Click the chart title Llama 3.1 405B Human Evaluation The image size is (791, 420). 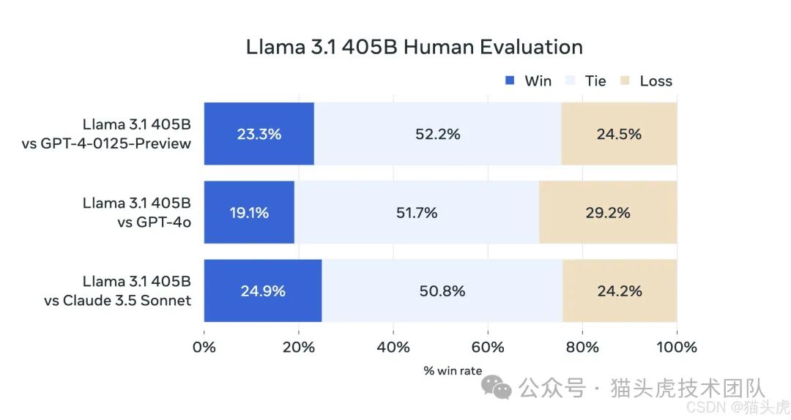pyautogui.click(x=415, y=48)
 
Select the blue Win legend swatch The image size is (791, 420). pyautogui.click(x=510, y=80)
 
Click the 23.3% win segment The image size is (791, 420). pyautogui.click(x=259, y=134)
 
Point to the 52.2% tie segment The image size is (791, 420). pyautogui.click(x=437, y=134)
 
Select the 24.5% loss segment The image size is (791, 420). pyautogui.click(x=619, y=134)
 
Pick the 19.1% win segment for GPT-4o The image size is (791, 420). pyautogui.click(x=249, y=213)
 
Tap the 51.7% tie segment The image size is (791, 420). pyautogui.click(x=416, y=213)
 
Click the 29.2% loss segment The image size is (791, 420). pyautogui.click(x=608, y=213)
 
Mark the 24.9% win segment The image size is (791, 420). pyautogui.click(x=262, y=290)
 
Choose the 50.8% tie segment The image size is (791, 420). pyautogui.click(x=442, y=290)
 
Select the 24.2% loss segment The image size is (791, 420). pyautogui.click(x=620, y=290)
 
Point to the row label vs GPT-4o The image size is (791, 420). pyautogui.click(x=154, y=222)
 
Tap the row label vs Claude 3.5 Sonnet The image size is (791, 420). pyautogui.click(x=118, y=300)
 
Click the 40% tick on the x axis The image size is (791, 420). pyautogui.click(x=393, y=347)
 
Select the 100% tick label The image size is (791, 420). pyautogui.click(x=676, y=347)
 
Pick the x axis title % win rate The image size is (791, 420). pyautogui.click(x=453, y=371)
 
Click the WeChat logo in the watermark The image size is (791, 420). pyautogui.click(x=501, y=389)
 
